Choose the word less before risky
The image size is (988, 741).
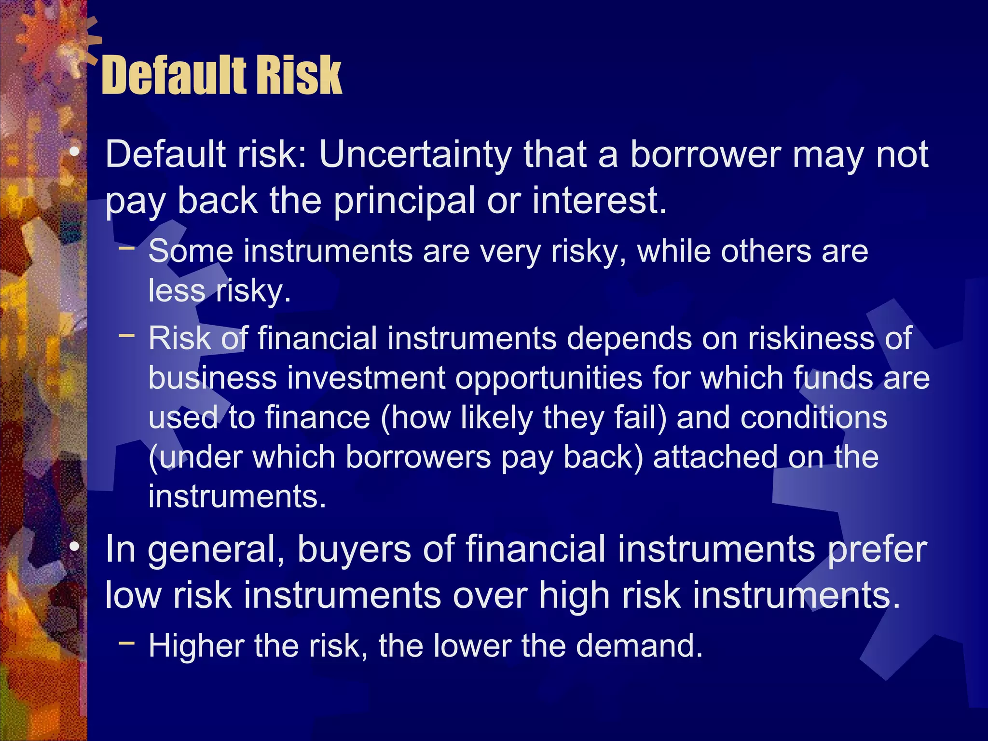click(x=177, y=291)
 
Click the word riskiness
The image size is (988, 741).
click(x=811, y=338)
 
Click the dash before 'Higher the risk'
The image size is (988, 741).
click(x=126, y=643)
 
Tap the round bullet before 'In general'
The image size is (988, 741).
click(x=74, y=548)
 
